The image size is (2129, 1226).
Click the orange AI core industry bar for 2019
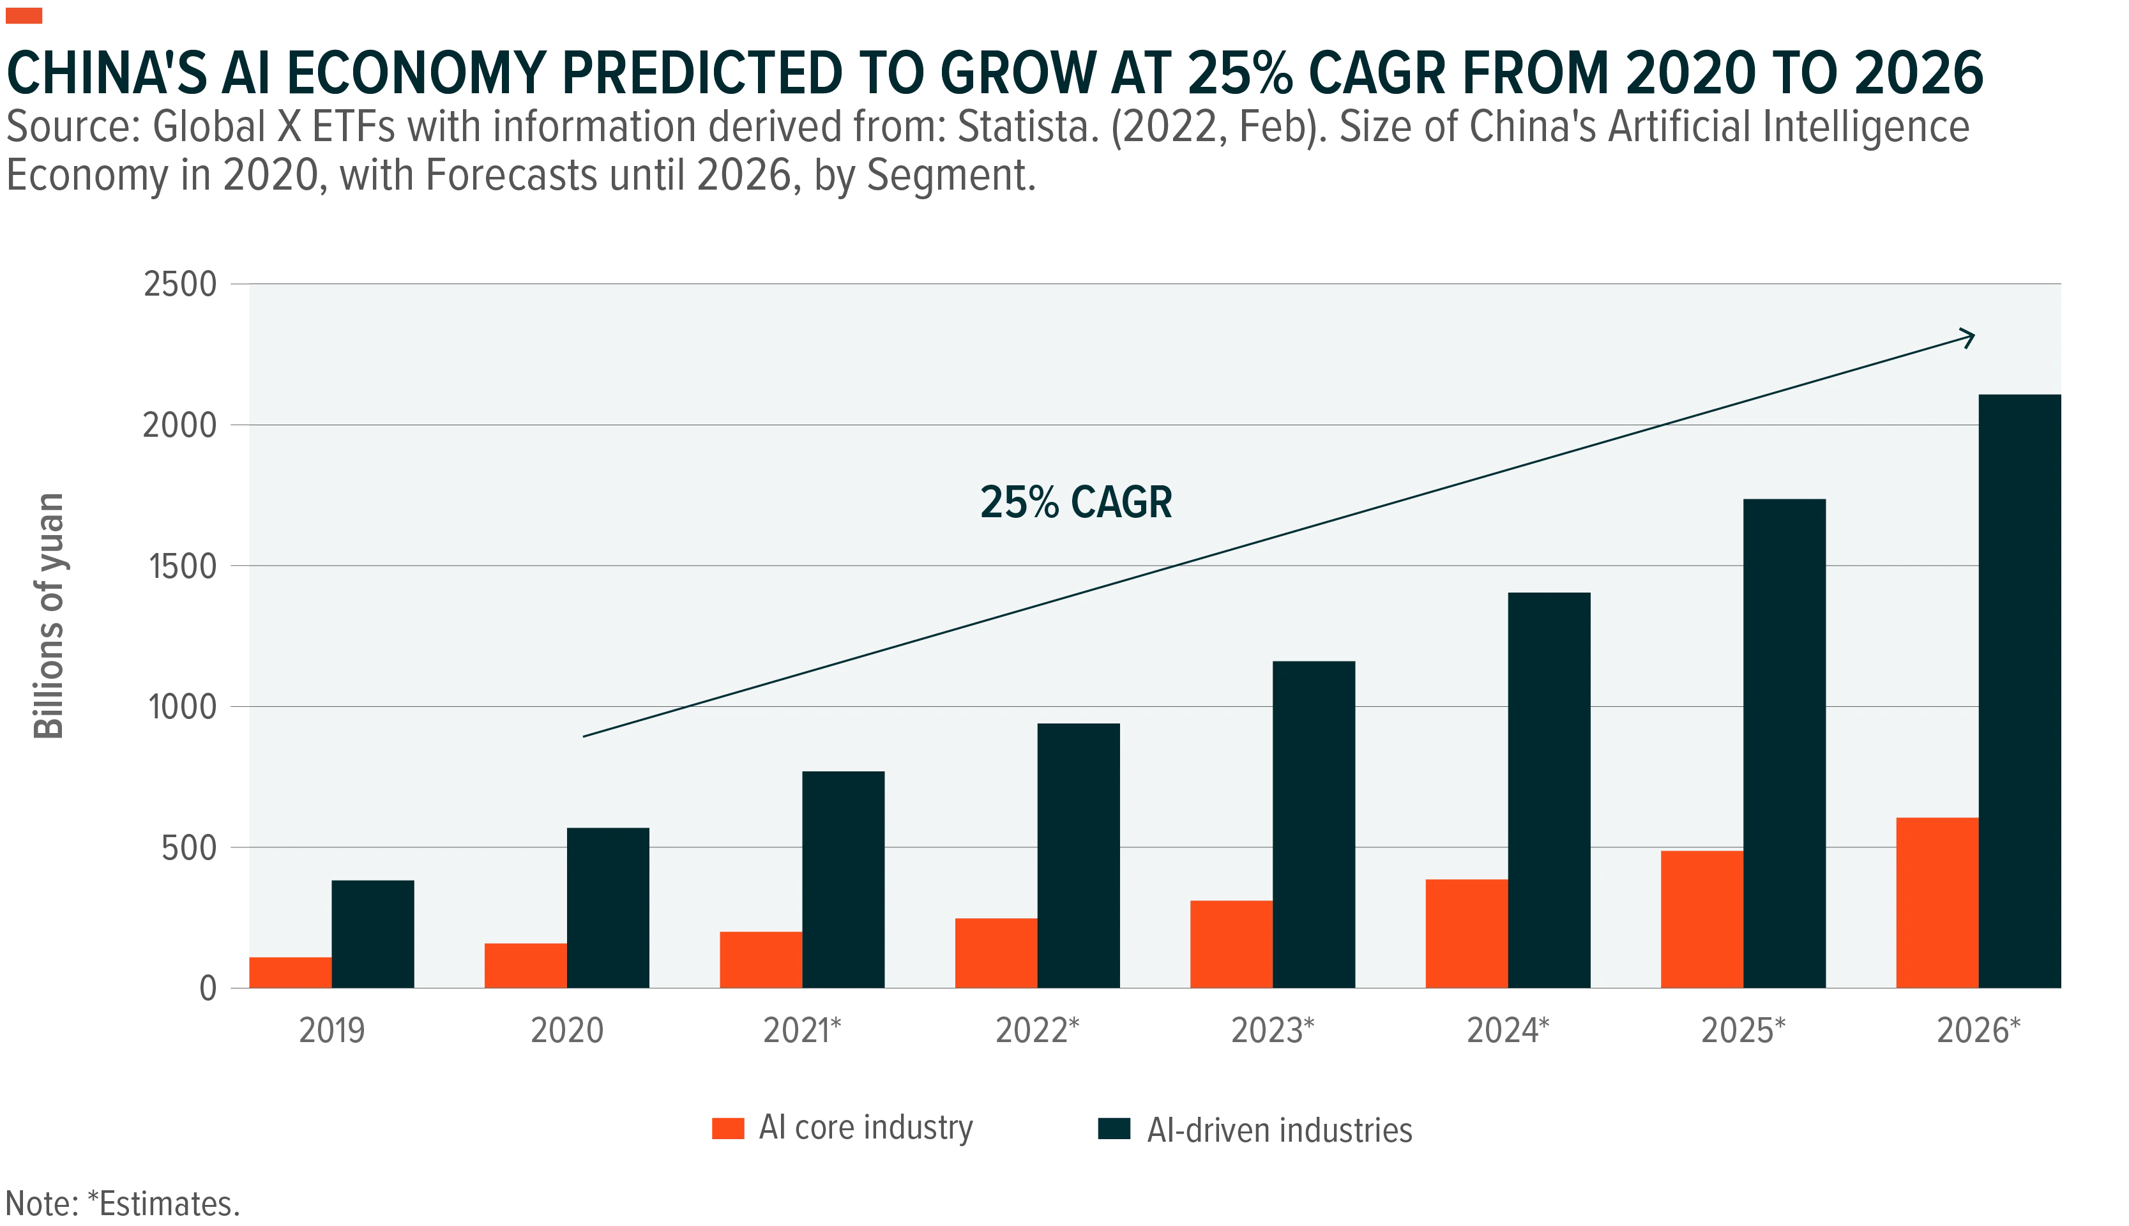pos(291,972)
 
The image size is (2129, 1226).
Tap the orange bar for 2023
pos(1232,944)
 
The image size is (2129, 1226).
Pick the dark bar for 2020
pos(608,908)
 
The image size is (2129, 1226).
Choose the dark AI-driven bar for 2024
pos(1549,790)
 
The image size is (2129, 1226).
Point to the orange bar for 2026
pos(1937,903)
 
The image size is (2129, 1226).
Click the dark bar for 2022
pos(1079,856)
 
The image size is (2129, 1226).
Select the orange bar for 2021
pos(761,960)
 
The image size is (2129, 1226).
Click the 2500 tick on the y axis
pos(180,285)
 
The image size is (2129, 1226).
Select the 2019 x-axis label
pos(331,1031)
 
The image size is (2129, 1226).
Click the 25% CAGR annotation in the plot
pos(1076,503)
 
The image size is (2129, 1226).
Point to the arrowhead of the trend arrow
pos(1973,337)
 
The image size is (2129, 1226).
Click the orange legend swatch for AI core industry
pos(727,1128)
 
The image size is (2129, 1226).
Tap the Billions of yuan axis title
pos(49,616)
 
